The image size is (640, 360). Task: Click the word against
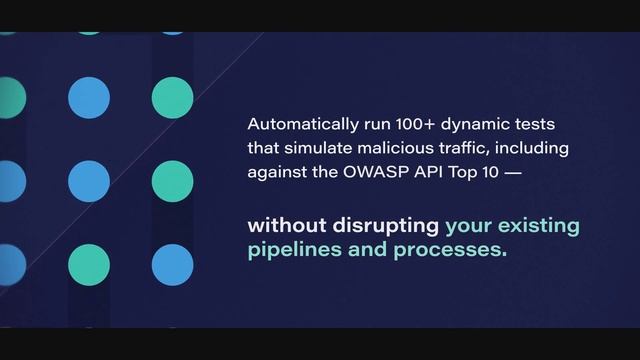click(277, 172)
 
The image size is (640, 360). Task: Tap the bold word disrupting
click(383, 224)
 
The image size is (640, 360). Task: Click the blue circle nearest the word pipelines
click(172, 263)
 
